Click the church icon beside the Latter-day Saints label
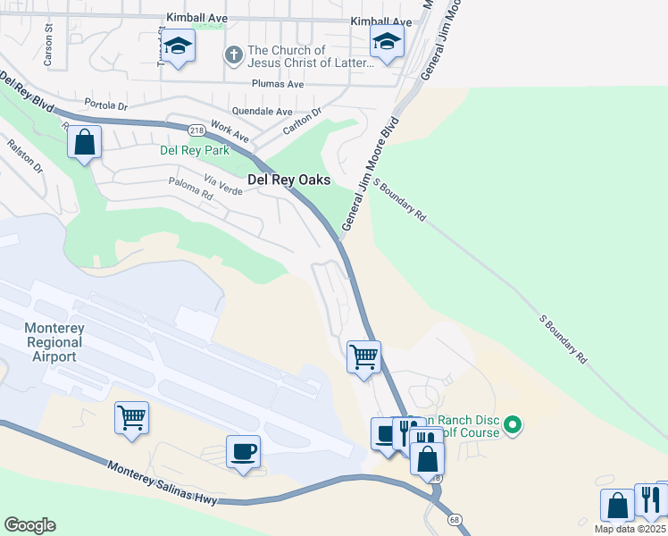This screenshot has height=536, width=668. (x=233, y=56)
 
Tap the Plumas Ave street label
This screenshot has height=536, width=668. (x=278, y=84)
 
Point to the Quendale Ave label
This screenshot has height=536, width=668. (x=263, y=112)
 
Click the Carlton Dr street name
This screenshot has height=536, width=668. (x=303, y=117)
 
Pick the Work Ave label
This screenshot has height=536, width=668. (x=230, y=131)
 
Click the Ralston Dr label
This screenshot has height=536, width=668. (x=26, y=154)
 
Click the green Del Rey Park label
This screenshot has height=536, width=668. (x=194, y=150)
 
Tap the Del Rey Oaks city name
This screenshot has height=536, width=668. (x=288, y=180)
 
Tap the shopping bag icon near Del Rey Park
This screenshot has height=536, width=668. (x=84, y=143)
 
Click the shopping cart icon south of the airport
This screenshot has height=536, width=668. (x=131, y=417)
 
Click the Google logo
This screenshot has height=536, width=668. (x=29, y=525)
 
